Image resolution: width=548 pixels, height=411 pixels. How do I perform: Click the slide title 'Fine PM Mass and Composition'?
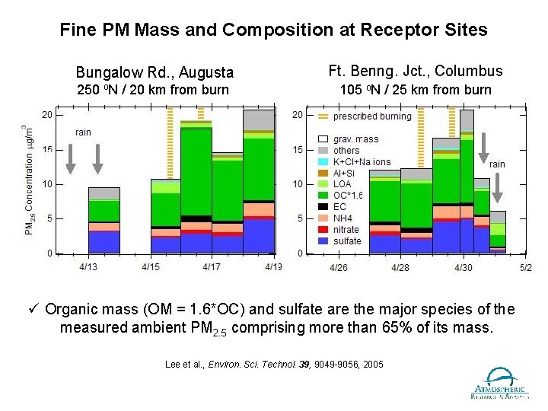click(x=273, y=30)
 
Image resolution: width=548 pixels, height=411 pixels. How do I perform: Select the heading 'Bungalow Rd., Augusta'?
click(x=155, y=73)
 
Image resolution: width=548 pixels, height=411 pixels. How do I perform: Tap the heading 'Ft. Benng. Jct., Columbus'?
click(x=416, y=71)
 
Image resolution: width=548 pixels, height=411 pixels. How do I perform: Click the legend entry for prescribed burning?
click(x=363, y=116)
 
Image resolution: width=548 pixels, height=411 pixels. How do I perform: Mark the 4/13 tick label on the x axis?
click(x=88, y=267)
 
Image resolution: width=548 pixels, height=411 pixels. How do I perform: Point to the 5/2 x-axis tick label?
click(x=525, y=267)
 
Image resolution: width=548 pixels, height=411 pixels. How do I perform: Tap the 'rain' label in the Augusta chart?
click(x=84, y=132)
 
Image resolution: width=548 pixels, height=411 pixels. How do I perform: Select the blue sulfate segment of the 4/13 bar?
click(x=104, y=241)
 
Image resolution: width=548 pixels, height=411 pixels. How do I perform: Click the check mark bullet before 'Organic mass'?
click(x=35, y=310)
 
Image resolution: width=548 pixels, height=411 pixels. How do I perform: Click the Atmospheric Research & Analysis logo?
click(x=501, y=383)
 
